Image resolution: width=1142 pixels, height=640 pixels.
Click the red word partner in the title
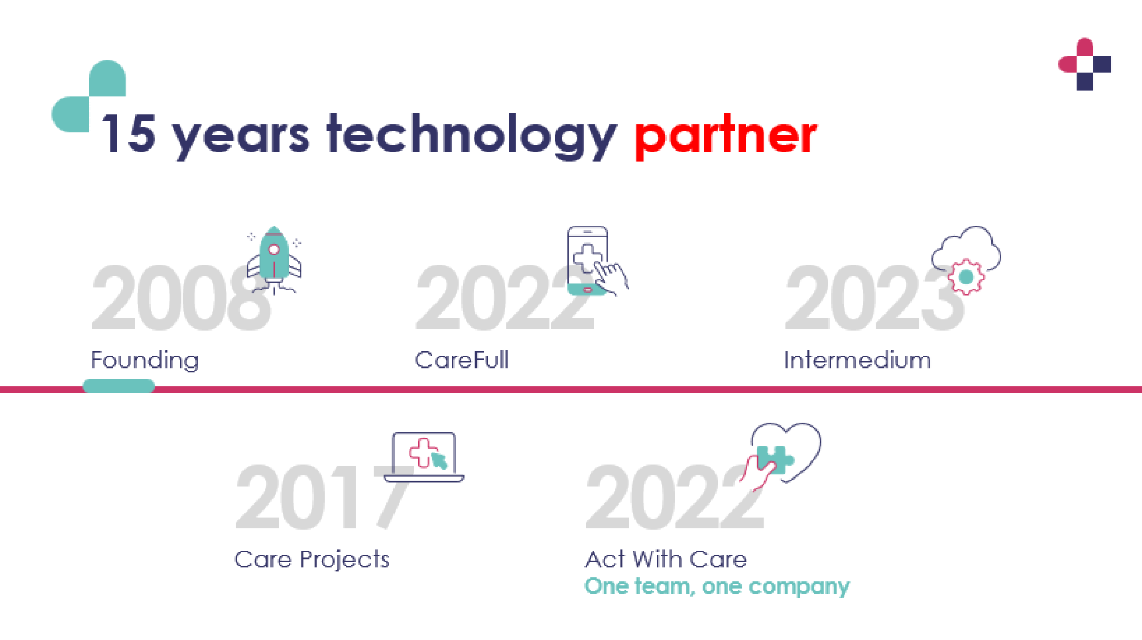726,136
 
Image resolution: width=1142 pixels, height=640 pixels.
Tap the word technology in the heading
471,136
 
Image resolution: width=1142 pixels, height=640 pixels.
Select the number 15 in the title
129,133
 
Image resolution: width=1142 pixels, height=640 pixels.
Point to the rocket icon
274,260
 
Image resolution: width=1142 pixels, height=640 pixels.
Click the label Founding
145,361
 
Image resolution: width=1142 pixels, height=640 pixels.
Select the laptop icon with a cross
424,457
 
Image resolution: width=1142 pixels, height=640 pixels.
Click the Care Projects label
311,560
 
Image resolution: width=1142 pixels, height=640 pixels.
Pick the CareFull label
461,360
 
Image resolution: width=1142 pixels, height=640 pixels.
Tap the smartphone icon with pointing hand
597,261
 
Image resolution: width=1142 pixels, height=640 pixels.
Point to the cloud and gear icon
966,260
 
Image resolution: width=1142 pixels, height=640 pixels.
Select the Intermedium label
857,360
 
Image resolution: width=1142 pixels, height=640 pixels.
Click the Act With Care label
666,560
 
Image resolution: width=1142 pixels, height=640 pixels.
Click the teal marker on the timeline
118,386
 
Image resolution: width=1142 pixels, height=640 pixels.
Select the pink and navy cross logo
1085,64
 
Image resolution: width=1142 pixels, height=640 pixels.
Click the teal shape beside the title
89,96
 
